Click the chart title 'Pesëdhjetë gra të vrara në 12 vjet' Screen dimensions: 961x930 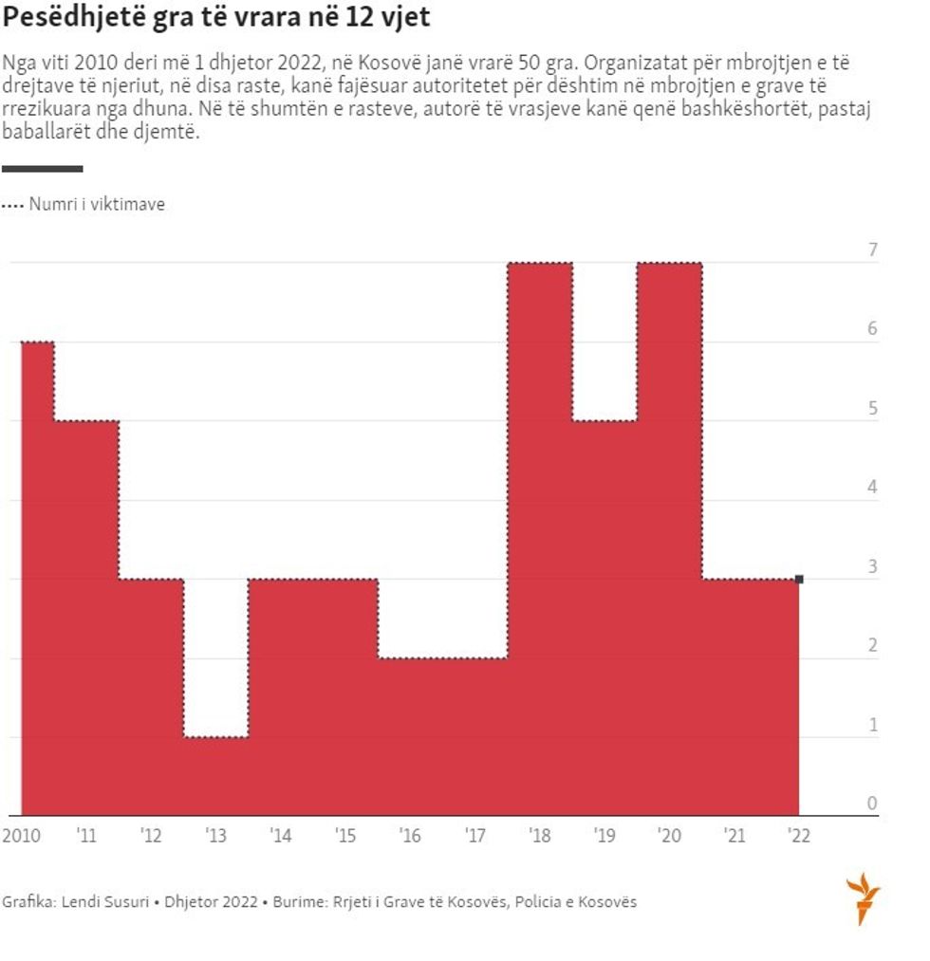click(215, 19)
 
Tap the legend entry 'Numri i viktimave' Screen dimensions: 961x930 click(96, 204)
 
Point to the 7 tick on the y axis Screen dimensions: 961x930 click(872, 250)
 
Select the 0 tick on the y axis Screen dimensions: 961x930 click(872, 804)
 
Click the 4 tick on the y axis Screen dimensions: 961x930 click(872, 488)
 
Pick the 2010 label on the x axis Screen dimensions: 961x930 click(21, 836)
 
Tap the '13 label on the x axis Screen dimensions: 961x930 click(215, 836)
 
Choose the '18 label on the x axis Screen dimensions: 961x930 click(539, 836)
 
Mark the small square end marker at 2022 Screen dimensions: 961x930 click(799, 579)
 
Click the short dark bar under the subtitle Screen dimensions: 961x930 click(42, 169)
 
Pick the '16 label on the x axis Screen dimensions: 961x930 click(410, 836)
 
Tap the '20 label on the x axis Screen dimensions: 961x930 click(669, 836)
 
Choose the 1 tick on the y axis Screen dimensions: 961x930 click(872, 725)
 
